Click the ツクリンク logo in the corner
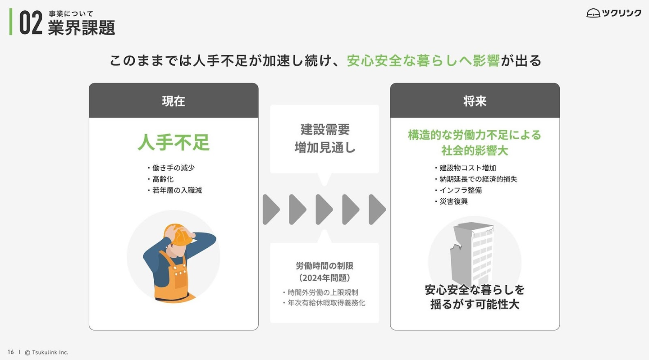click(614, 13)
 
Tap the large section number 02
click(31, 23)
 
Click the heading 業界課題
click(82, 28)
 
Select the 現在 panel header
click(174, 101)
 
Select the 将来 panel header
click(475, 101)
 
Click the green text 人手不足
click(174, 143)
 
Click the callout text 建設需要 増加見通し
click(324, 138)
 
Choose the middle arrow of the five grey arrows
click(324, 210)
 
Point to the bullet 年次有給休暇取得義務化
click(326, 303)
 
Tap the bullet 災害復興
click(453, 201)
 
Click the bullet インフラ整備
click(461, 190)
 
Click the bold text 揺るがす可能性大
click(475, 304)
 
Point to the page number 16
click(10, 352)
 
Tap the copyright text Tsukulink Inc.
click(50, 352)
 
